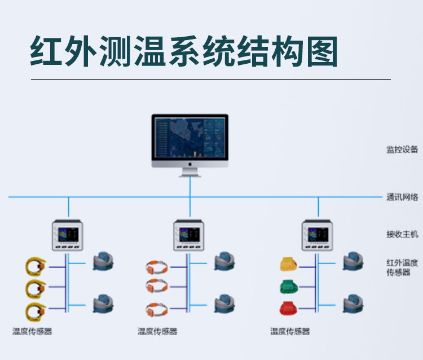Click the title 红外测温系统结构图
pos(184,52)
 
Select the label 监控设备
pos(402,150)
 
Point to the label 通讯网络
pos(402,197)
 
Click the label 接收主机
pos(402,234)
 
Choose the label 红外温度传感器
pos(402,267)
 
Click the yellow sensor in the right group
pos(288,264)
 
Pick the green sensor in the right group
pos(287,287)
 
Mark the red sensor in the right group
pos(287,309)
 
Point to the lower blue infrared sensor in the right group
pos(353,304)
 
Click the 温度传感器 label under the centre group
pos(157,332)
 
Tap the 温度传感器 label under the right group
pos(290,332)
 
